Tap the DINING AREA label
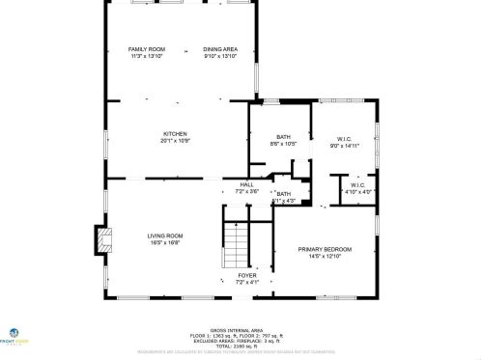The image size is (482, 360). click(219, 49)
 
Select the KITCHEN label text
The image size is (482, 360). click(175, 134)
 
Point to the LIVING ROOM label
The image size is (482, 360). click(164, 235)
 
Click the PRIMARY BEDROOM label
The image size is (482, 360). click(324, 249)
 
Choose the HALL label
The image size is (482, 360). click(246, 184)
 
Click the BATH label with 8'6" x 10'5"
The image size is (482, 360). click(283, 138)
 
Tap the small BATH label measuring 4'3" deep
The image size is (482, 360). click(283, 194)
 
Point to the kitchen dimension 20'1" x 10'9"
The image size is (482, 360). click(175, 141)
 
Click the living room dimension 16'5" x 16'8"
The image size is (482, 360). click(164, 242)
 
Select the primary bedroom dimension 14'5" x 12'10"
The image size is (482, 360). click(324, 256)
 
